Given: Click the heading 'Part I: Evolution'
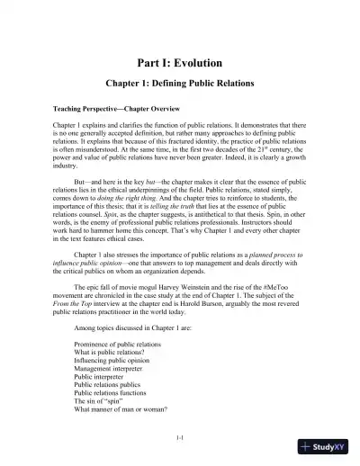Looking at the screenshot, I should tap(180, 64).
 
